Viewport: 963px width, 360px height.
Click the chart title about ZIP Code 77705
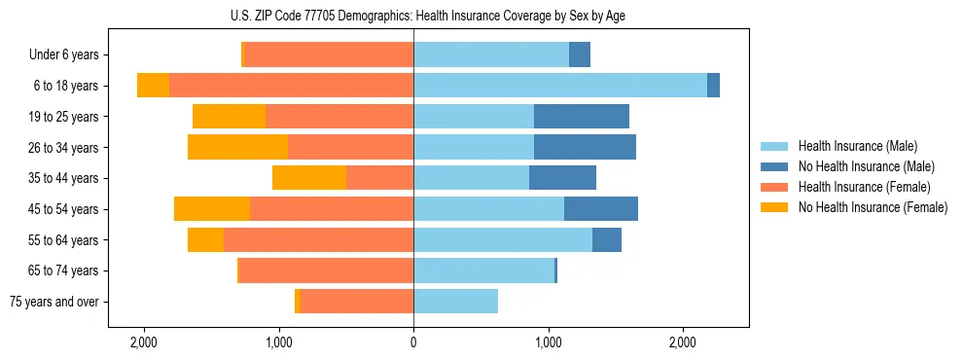coord(413,16)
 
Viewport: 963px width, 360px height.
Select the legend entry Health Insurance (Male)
coord(857,146)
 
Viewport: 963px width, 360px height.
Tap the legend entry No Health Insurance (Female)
coord(873,207)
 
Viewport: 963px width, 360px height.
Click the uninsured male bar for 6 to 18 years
coord(713,86)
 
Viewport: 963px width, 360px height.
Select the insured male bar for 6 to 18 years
coord(560,86)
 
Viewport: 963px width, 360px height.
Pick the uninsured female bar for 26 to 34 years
coord(237,147)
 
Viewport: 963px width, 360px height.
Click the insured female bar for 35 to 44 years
coord(379,178)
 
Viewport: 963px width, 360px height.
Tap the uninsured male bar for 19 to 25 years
coord(581,117)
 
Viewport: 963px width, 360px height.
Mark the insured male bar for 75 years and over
coord(455,302)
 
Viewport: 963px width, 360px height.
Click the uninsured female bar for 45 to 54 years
coord(212,209)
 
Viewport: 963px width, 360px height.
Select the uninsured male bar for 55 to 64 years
coord(606,239)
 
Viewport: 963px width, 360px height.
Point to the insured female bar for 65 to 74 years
coord(326,270)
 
